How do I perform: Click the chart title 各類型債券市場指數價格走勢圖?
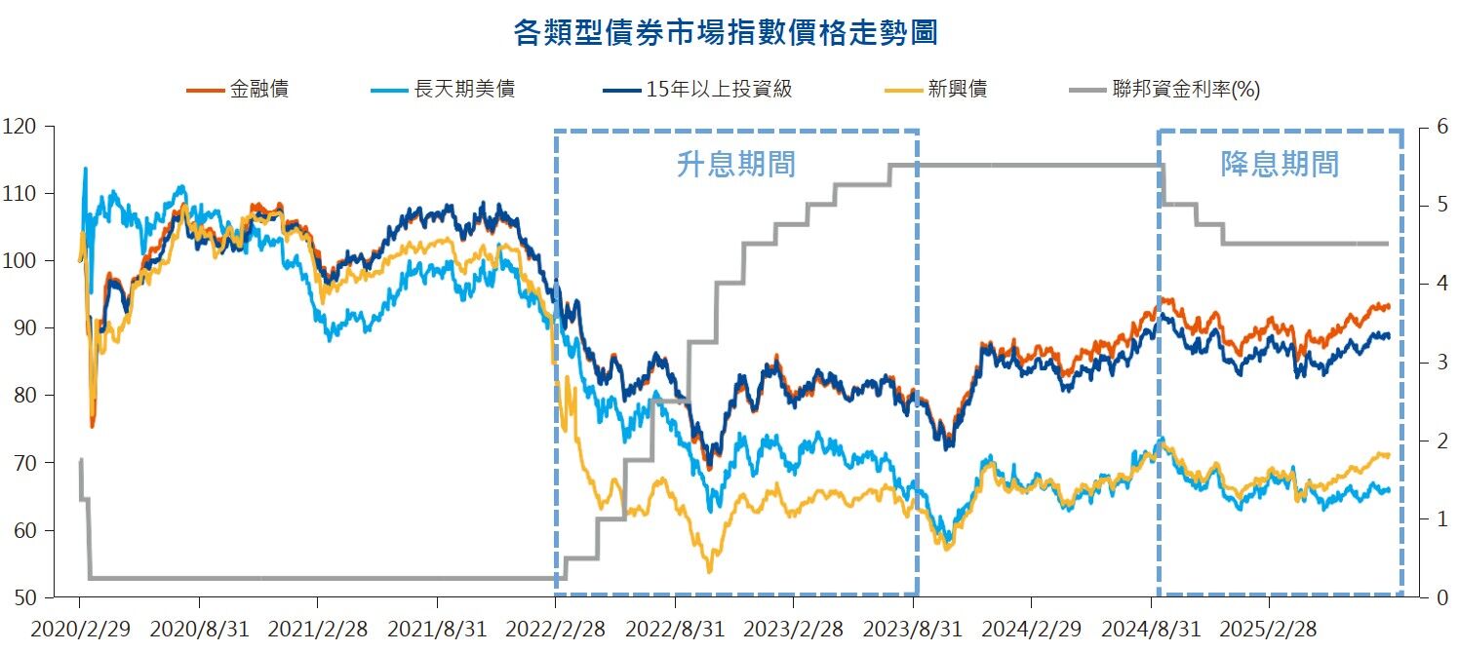click(x=726, y=32)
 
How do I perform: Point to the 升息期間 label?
click(x=736, y=164)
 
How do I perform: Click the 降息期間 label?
click(x=1280, y=164)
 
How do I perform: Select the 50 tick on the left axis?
click(x=22, y=597)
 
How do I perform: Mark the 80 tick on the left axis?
click(x=22, y=396)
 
